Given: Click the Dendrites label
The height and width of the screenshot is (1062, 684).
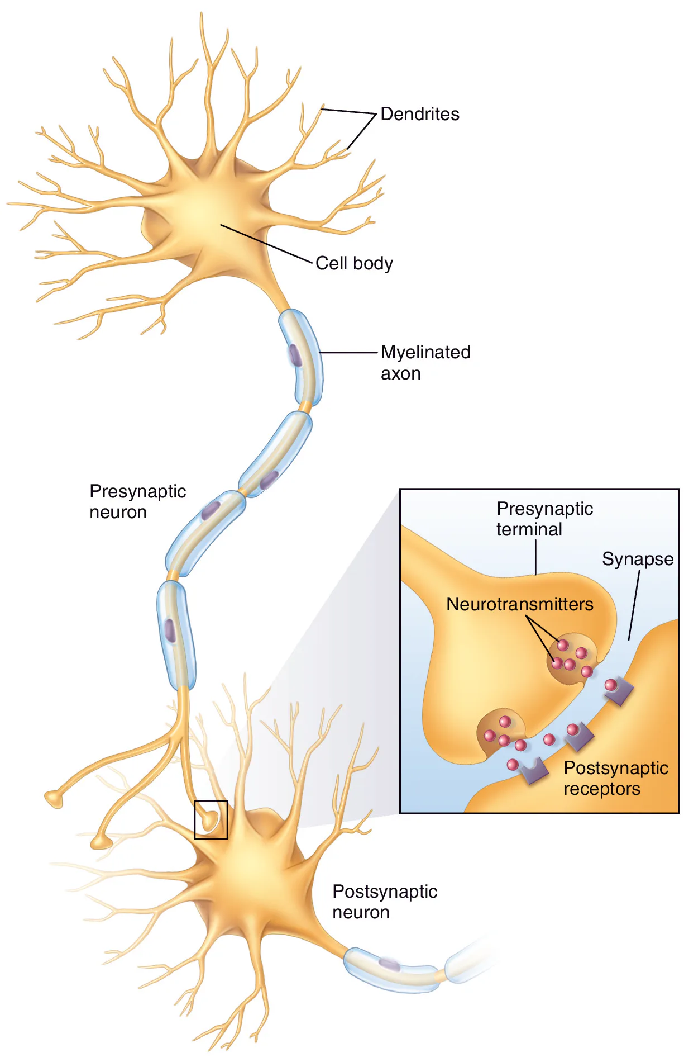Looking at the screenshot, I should coord(419,114).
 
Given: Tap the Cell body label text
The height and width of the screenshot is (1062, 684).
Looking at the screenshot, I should coord(354,263).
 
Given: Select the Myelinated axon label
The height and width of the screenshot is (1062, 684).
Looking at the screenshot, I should coord(425,362).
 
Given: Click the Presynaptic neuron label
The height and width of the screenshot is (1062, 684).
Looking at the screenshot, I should coord(137,501).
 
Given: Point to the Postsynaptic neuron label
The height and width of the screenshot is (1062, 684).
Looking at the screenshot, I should coord(384,902).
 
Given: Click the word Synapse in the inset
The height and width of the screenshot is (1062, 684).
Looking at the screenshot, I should coord(637,559).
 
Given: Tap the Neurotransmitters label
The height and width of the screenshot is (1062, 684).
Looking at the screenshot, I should coord(519,604).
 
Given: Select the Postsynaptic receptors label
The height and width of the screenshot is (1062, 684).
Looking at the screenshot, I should coord(615,778).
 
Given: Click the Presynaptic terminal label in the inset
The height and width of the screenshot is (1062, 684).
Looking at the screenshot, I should coord(544,519).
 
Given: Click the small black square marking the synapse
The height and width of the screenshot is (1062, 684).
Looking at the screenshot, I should coord(211,820).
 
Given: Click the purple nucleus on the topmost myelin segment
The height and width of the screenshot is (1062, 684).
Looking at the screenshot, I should coord(295,355).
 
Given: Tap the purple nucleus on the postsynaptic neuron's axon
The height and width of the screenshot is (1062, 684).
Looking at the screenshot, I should coord(389,964).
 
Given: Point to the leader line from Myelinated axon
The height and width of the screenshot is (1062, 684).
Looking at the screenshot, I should coord(349,353).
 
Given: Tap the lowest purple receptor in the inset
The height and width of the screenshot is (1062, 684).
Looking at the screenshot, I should coord(535,772).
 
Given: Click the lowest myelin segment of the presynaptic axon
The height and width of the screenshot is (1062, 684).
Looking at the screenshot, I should coord(175,634).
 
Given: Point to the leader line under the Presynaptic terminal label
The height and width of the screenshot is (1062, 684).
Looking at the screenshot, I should coord(535,557).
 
